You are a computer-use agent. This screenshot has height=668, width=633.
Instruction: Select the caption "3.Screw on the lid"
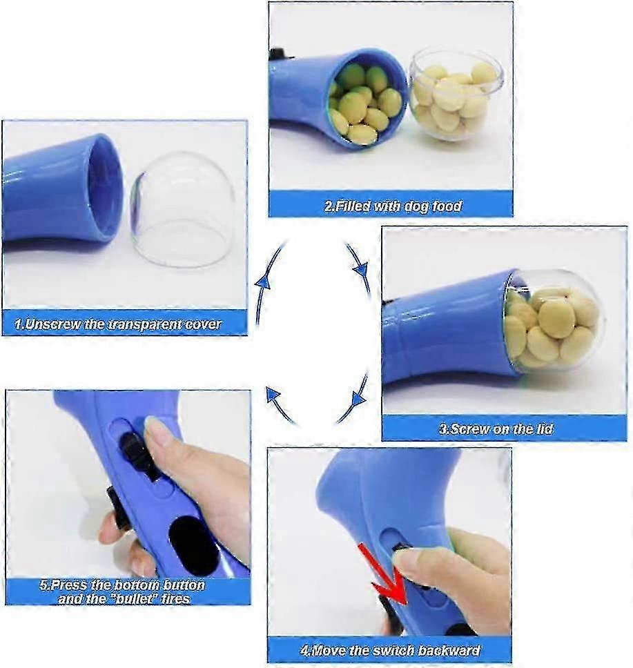[505, 429]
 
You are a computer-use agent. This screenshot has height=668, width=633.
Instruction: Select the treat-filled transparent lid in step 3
[552, 321]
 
